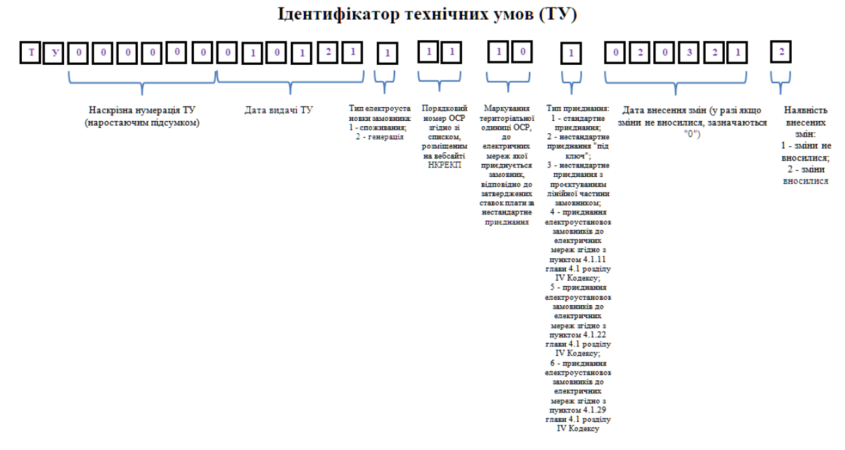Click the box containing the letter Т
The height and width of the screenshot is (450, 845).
point(31,53)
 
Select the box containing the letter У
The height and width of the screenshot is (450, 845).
point(54,53)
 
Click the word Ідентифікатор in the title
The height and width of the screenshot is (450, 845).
point(341,14)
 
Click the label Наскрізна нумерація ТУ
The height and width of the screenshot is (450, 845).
point(142,110)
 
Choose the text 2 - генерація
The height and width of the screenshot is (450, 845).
point(380,136)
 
